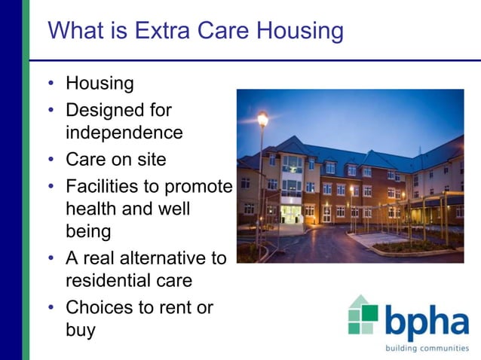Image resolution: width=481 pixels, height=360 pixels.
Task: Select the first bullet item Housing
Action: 100,84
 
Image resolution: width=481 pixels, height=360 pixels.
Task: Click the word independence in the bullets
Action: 124,133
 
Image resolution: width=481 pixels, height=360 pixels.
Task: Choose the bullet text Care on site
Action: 115,160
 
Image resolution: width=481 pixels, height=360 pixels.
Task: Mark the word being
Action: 88,231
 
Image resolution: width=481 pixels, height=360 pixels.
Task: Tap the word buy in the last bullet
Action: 81,331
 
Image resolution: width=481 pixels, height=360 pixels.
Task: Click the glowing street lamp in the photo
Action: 262,118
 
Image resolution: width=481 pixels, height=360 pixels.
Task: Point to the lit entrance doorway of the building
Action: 290,214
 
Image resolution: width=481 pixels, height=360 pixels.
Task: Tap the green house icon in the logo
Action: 363,315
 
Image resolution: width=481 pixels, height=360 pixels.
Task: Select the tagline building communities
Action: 426,348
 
